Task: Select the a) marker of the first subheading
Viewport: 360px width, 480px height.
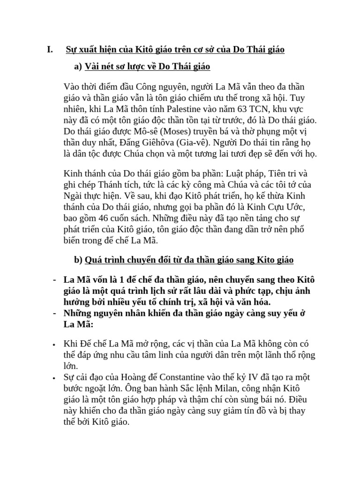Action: click(x=78, y=67)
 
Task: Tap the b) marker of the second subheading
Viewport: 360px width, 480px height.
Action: click(x=78, y=260)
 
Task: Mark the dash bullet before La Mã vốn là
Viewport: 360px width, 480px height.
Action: click(x=55, y=280)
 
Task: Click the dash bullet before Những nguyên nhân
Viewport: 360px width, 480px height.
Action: click(x=55, y=313)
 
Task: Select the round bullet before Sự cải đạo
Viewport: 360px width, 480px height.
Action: click(x=55, y=377)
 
